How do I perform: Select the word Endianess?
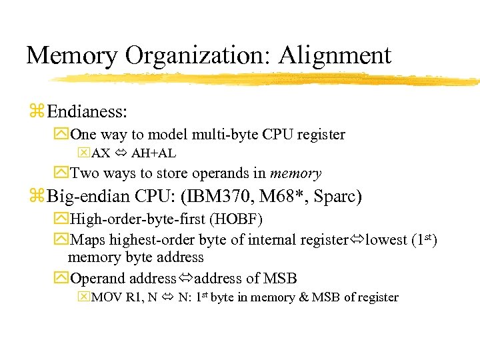87,109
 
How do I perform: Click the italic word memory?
295,173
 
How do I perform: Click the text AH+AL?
153,153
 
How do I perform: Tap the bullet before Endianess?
36,109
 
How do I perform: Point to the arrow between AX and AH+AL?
121,153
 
